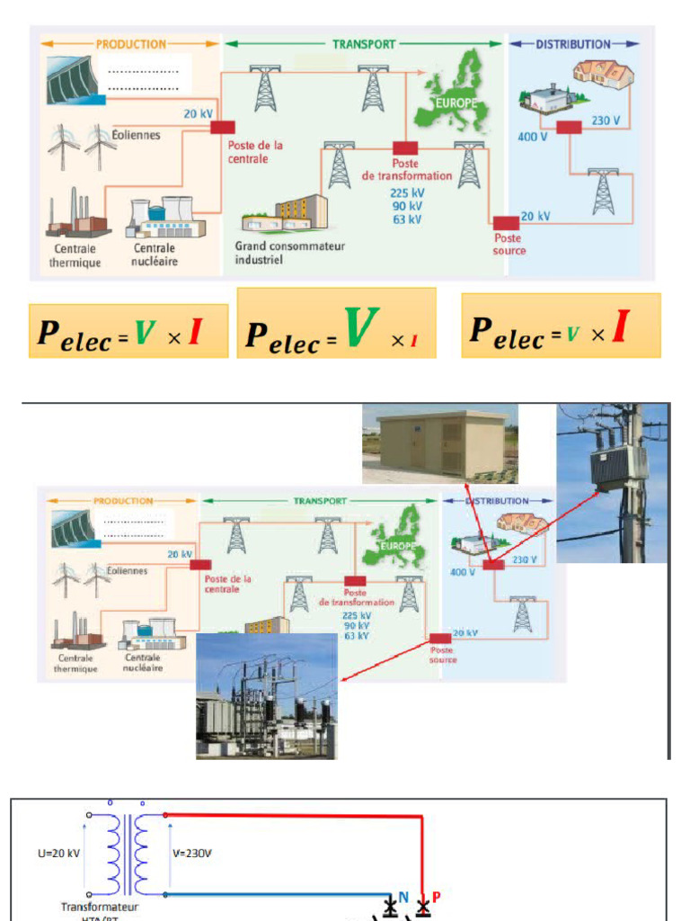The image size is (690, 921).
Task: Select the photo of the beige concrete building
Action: pos(439,444)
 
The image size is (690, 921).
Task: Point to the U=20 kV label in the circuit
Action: pos(60,853)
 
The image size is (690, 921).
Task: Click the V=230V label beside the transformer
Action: pos(193,853)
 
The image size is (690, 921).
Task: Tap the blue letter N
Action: pos(403,897)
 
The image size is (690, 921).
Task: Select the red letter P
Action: pos(437,897)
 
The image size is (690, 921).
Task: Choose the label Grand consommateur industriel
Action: pos(289,252)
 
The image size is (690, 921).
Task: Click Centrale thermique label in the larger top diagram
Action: pos(77,255)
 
